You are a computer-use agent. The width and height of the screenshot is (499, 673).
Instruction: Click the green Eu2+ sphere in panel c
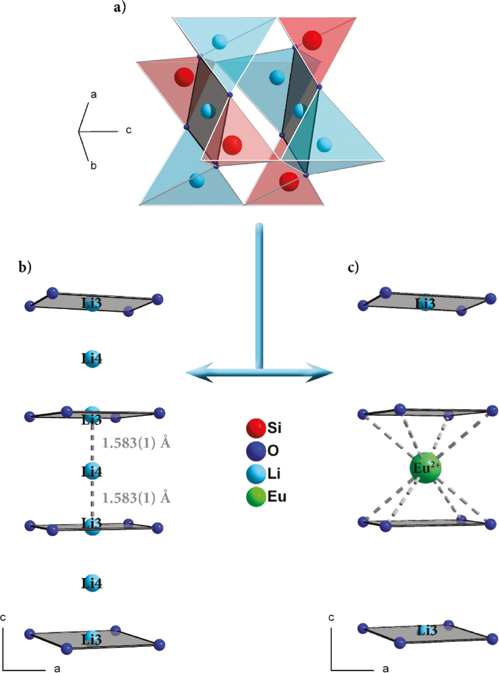(425, 468)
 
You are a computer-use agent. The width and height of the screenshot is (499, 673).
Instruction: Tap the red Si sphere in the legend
(256, 428)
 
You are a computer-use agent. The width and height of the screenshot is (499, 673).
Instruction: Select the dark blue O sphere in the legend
(256, 451)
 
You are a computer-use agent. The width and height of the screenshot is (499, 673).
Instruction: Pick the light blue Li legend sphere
(256, 474)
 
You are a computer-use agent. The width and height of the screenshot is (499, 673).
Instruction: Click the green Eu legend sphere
(256, 497)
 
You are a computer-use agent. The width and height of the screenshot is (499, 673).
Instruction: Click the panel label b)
(25, 267)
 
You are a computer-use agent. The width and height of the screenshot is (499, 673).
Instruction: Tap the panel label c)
(353, 267)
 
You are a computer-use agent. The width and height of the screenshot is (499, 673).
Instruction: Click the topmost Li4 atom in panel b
(92, 359)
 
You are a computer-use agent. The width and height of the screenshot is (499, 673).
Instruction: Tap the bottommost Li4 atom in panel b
(92, 583)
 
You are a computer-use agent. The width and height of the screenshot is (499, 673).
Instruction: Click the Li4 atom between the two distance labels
(92, 471)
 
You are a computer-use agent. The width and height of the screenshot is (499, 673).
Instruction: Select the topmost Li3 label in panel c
(425, 304)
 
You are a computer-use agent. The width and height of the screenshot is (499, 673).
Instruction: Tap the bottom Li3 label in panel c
(427, 630)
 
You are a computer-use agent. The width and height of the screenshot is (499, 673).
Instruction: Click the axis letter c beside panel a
(129, 130)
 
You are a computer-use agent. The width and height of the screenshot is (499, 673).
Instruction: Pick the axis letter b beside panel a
(93, 166)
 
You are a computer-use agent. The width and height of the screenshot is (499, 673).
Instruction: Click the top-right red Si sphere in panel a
(312, 40)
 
